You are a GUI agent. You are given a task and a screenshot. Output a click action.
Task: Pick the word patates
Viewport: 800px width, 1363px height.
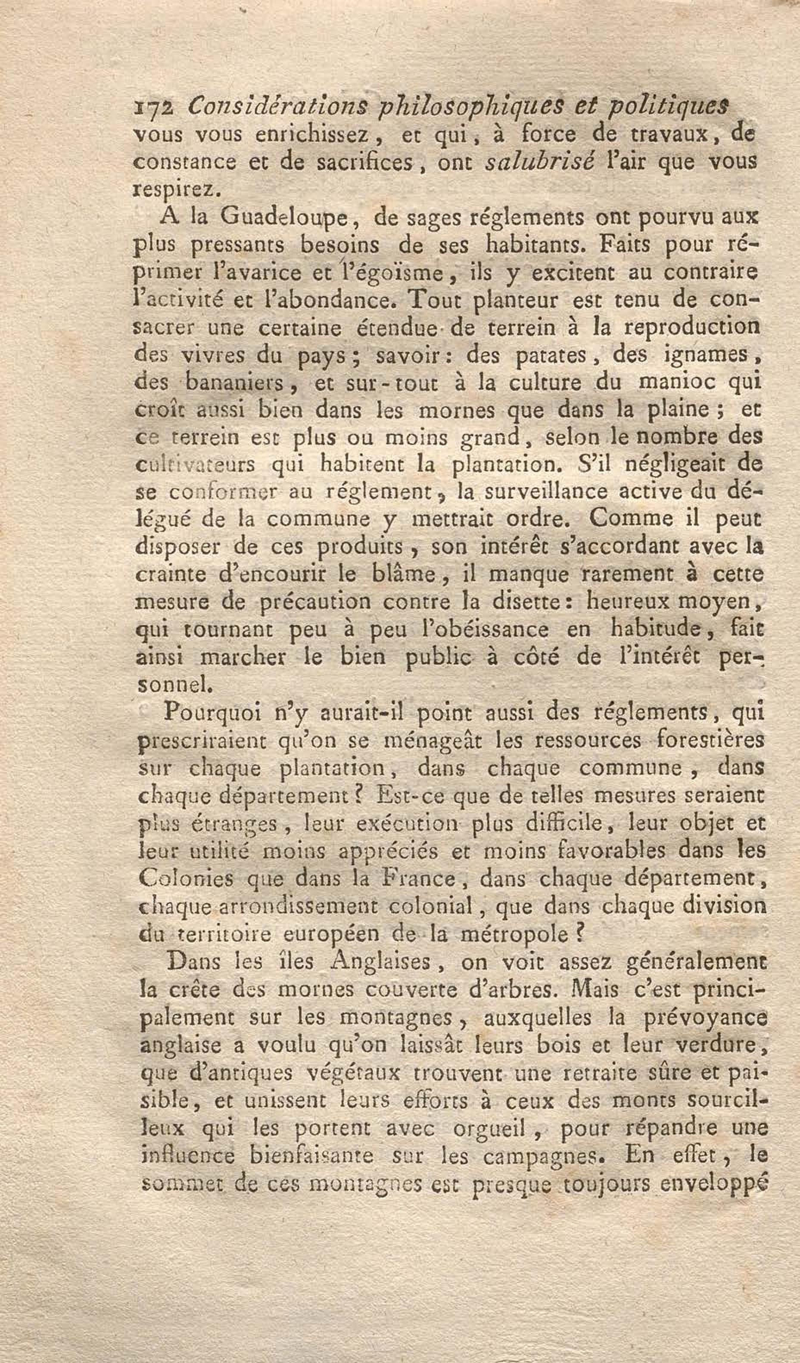pos(548,355)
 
